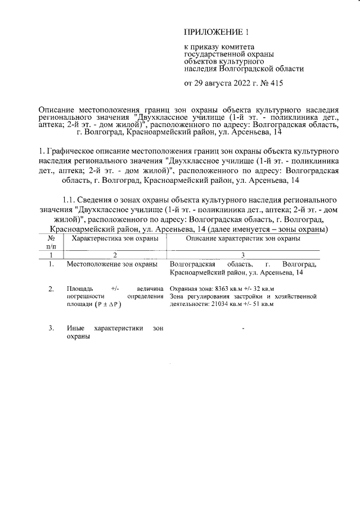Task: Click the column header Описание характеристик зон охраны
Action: pos(243,238)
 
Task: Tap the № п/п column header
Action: pos(51,242)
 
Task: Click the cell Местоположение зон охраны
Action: pos(111,263)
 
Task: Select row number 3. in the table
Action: pos(51,328)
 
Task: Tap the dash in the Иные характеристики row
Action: pos(243,327)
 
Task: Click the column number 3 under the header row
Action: pos(243,255)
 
